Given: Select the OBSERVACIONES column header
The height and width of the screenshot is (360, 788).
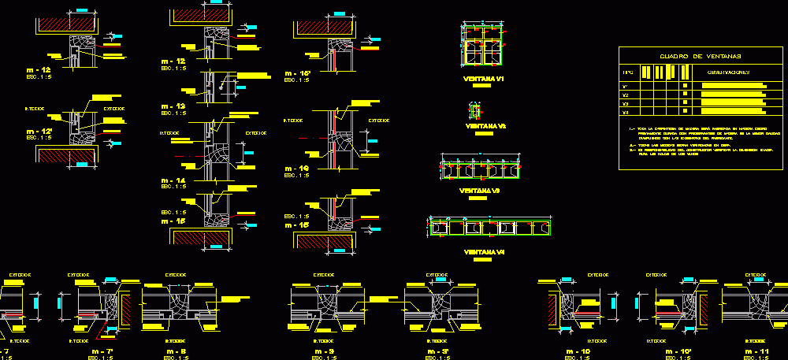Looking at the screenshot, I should tap(728, 72).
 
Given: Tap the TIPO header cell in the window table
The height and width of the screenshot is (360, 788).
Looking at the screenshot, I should tap(628, 72).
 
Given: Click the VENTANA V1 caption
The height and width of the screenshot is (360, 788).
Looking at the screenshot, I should tap(484, 80).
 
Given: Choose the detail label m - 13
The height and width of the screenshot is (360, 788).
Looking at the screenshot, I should tap(173, 106).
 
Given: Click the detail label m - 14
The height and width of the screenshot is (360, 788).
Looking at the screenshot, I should tap(173, 180).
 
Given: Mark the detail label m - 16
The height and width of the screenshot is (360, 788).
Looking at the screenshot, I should tap(299, 168).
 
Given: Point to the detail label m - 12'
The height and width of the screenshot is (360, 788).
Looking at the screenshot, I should tap(39, 130).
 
